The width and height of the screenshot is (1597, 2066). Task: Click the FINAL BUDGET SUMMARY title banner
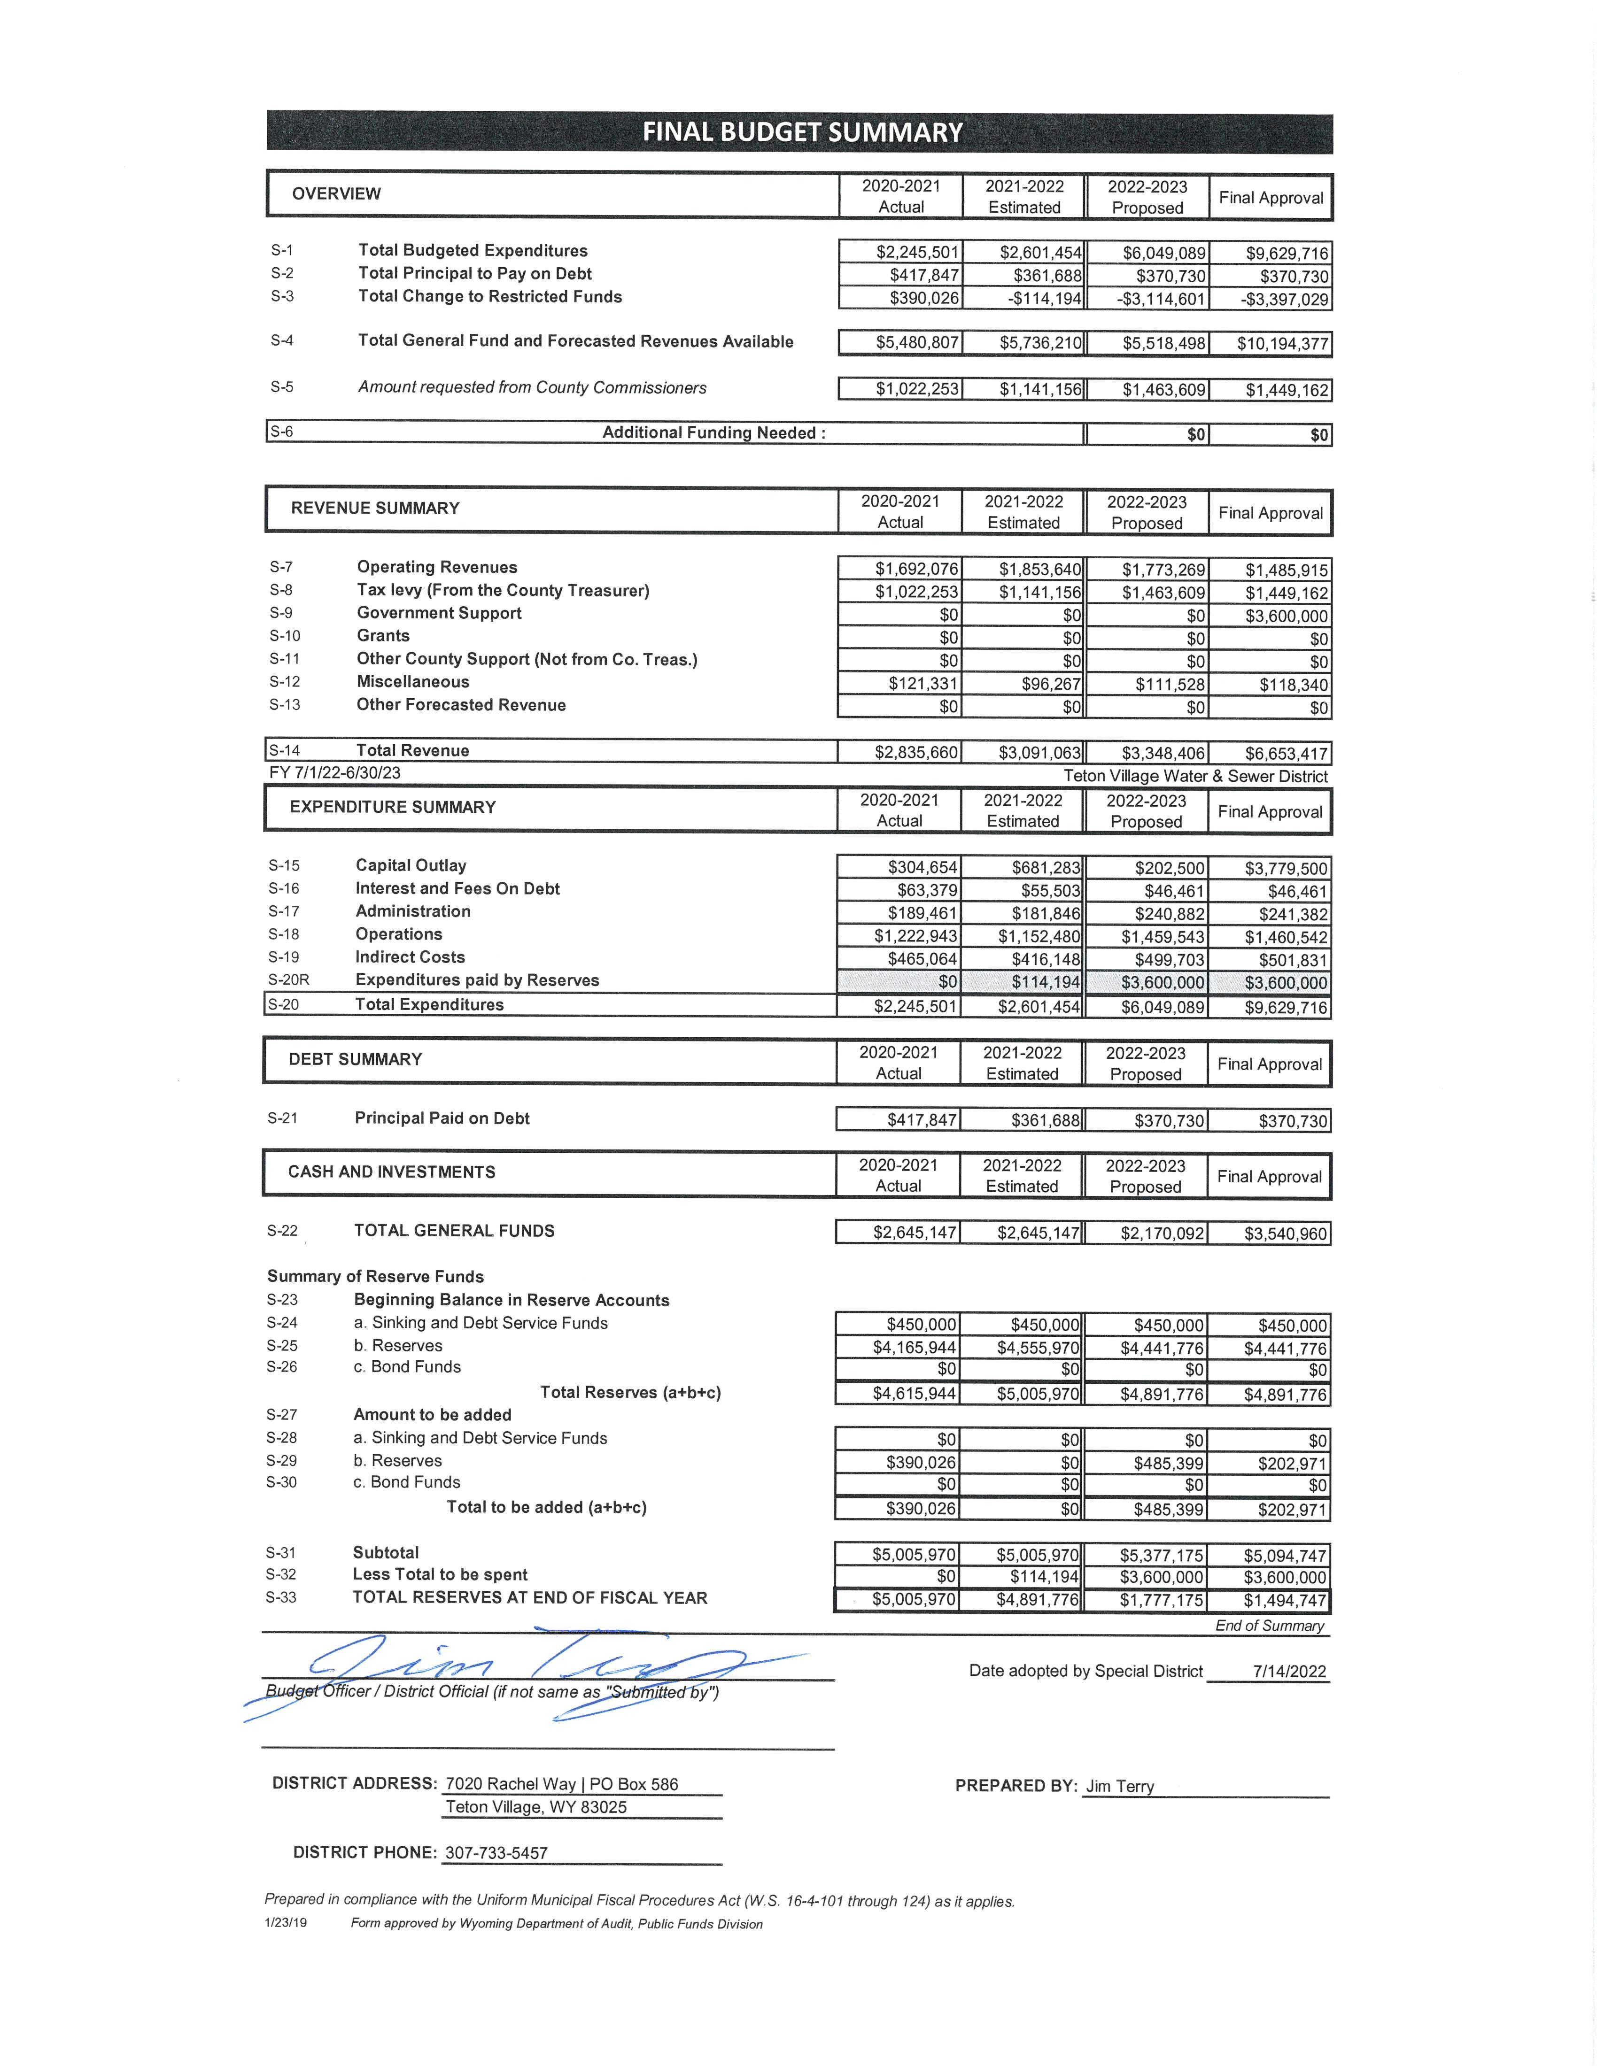click(800, 132)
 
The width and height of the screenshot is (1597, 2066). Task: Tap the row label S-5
click(282, 387)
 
